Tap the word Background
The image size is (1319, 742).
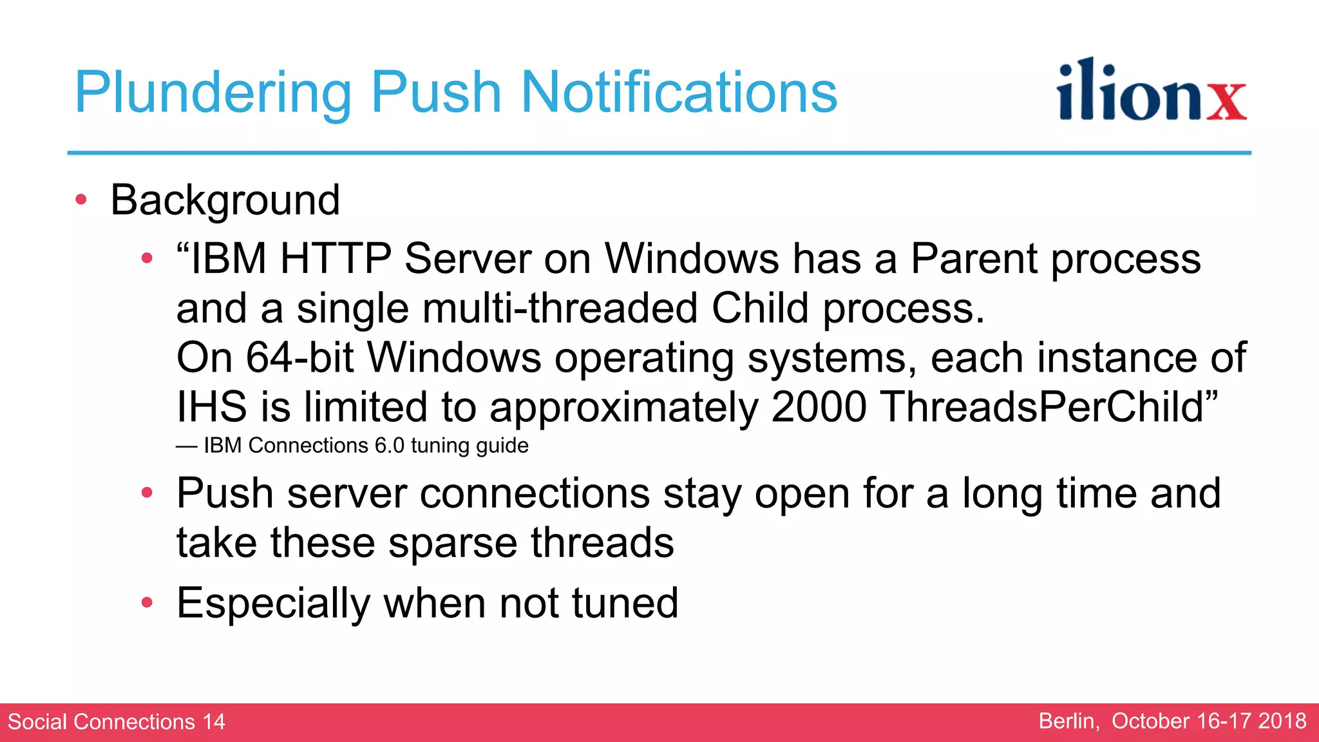point(225,200)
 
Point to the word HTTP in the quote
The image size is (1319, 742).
point(335,259)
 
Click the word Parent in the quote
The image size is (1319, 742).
point(973,259)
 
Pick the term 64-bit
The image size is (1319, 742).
point(299,357)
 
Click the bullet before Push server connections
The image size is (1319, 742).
point(147,493)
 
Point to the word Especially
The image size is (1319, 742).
point(273,604)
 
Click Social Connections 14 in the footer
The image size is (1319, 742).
point(117,721)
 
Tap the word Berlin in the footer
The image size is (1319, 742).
point(1068,721)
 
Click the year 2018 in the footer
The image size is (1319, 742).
point(1282,721)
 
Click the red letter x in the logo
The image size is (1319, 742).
point(1226,101)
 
